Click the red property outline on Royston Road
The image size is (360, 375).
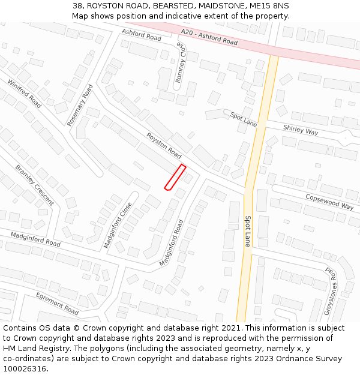175,177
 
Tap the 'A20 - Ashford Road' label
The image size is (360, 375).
209,37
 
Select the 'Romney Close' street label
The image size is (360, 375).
181,63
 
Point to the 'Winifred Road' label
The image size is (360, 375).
24,93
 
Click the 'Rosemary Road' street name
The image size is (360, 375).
80,105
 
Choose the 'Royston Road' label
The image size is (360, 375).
164,145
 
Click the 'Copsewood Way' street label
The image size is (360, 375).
329,201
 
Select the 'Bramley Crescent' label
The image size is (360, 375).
34,185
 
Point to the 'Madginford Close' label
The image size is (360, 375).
118,224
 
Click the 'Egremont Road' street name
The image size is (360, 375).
57,304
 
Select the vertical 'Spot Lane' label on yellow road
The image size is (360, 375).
247,231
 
